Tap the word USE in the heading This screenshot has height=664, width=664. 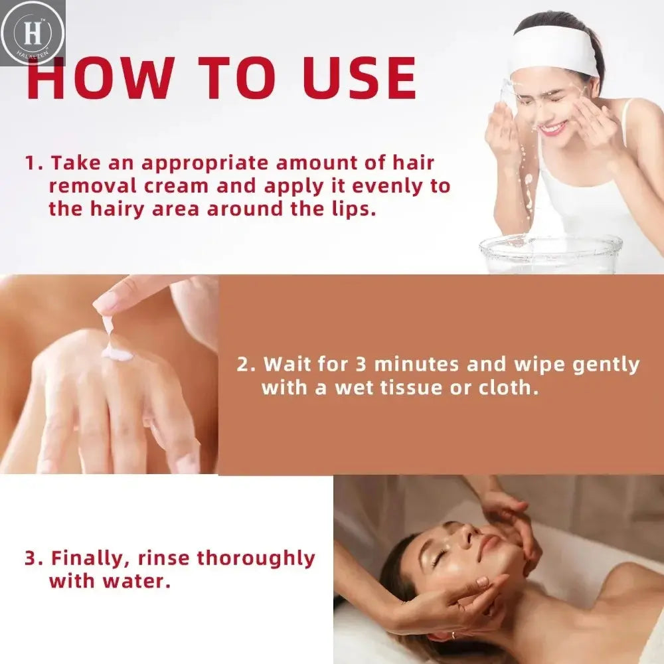coord(359,80)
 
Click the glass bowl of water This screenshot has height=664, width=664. coord(551,254)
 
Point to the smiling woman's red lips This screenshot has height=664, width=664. coord(553,128)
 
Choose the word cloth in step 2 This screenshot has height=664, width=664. coord(508,388)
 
